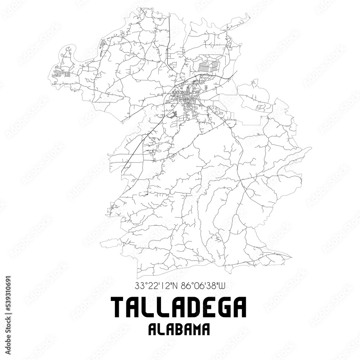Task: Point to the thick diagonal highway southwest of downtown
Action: coord(144,140)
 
